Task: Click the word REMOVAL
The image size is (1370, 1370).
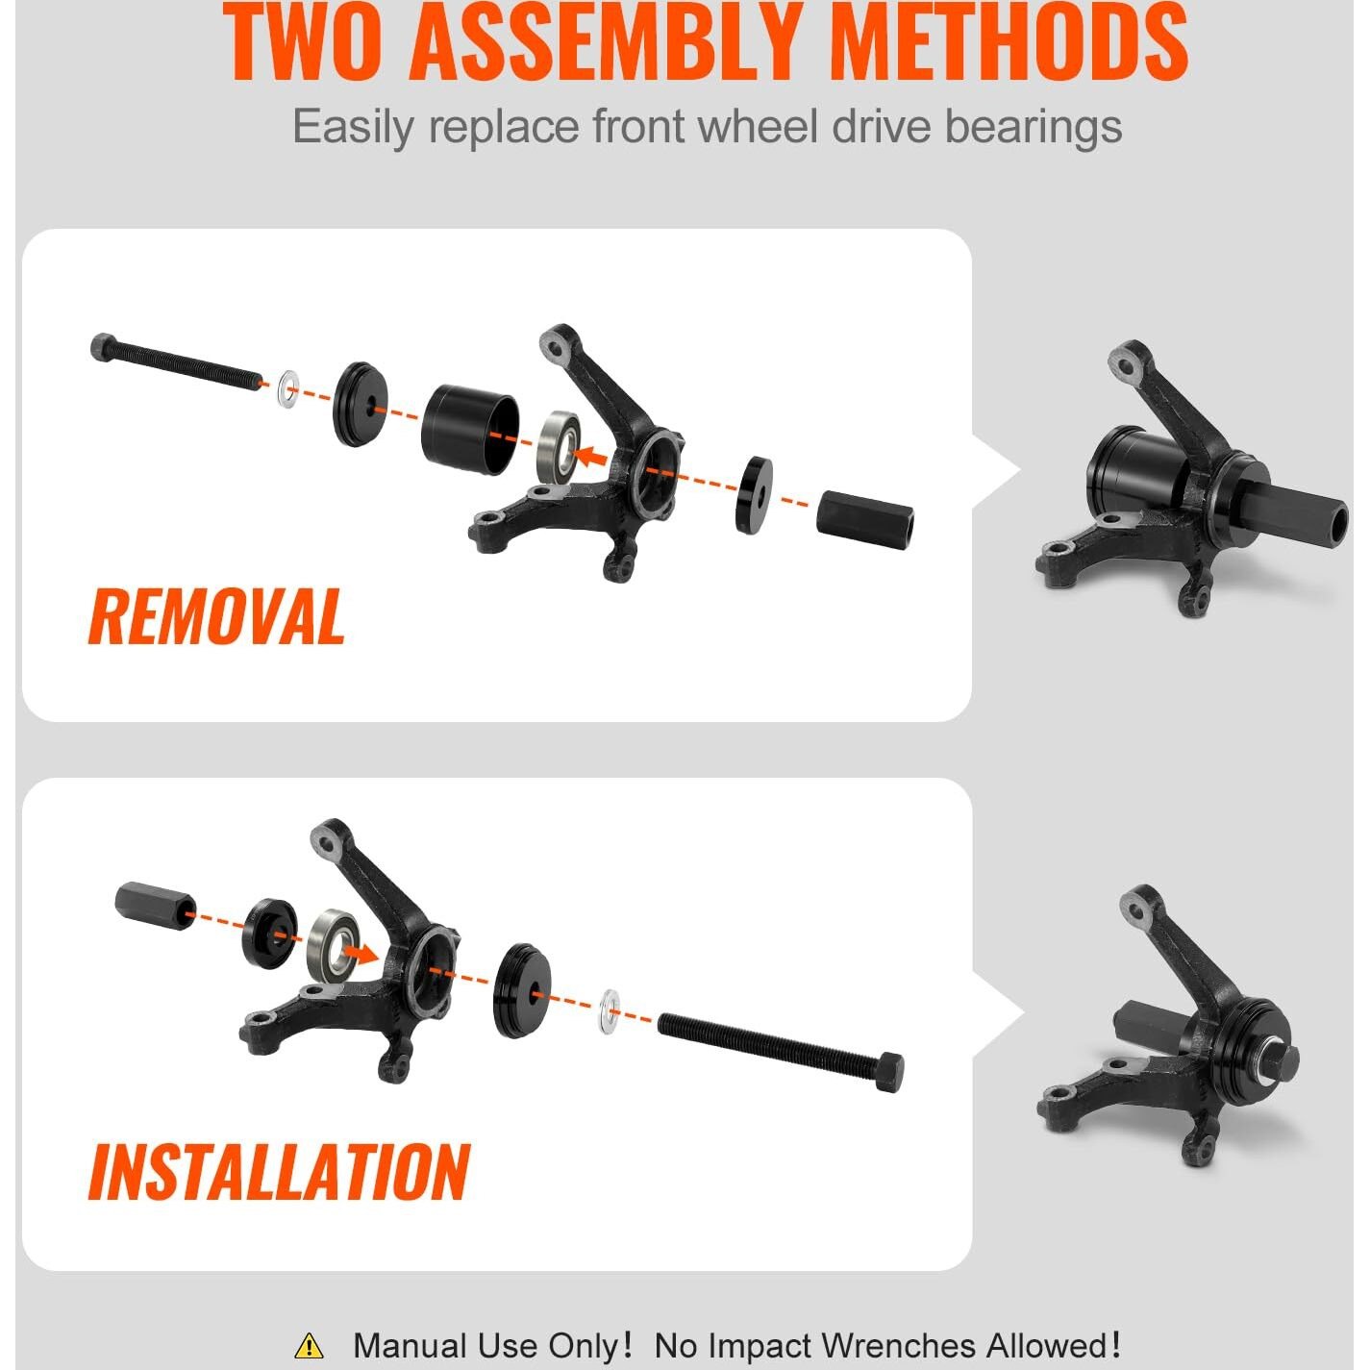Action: (216, 617)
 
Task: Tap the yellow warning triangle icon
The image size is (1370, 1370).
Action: (309, 1345)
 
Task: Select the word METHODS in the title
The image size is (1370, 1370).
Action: (1009, 42)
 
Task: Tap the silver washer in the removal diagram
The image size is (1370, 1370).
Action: (287, 389)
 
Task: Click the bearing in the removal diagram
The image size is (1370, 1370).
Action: (559, 448)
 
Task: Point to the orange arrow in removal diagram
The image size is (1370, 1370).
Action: (589, 456)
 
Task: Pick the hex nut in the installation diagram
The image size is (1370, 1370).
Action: (155, 905)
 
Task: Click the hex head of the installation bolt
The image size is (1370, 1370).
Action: (888, 1072)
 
